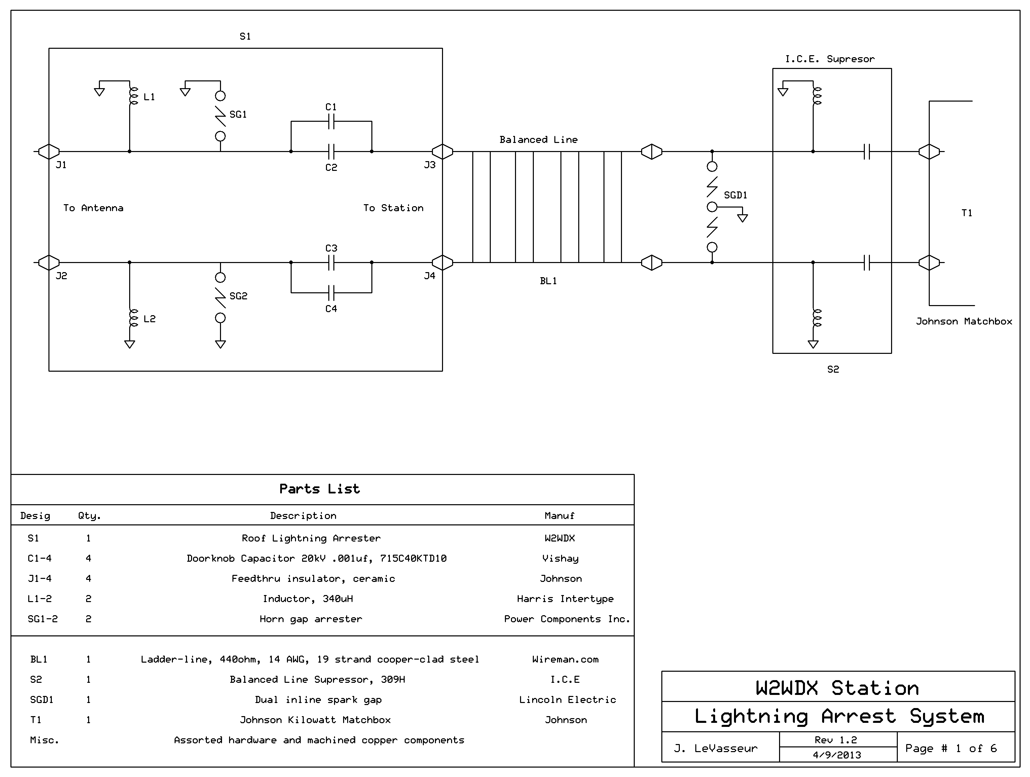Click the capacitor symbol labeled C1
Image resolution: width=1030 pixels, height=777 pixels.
point(331,122)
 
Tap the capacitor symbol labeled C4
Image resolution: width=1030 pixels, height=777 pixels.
point(331,293)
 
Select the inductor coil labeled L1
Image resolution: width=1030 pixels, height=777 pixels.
point(133,96)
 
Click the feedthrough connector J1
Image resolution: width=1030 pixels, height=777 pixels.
point(48,152)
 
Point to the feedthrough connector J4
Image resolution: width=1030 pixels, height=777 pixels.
point(442,263)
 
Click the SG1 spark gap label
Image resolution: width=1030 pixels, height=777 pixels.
point(238,114)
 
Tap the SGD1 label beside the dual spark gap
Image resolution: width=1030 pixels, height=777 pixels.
point(735,195)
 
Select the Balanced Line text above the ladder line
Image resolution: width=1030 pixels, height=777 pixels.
point(538,140)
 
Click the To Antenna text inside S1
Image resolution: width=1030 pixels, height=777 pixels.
point(93,208)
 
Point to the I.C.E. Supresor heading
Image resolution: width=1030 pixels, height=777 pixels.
point(830,59)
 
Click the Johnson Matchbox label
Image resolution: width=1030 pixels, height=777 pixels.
point(964,321)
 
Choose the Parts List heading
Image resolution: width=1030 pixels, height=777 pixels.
point(320,489)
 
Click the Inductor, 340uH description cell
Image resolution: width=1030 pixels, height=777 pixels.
point(308,599)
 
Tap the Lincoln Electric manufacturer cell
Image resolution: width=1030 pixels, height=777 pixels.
point(567,700)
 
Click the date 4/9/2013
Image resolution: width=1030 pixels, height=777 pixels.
point(837,755)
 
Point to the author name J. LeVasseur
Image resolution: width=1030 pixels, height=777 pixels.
point(716,748)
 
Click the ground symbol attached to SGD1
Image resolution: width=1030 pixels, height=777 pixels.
point(743,217)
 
